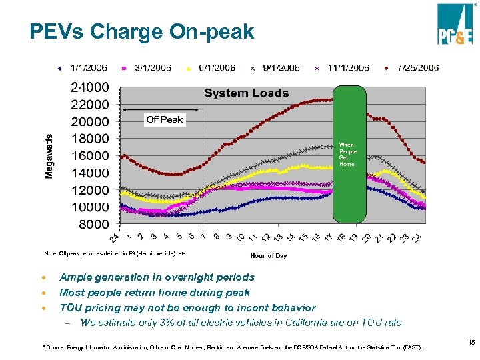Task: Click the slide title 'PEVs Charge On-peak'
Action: (x=141, y=31)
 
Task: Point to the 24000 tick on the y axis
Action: (x=90, y=87)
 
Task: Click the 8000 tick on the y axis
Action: (x=93, y=224)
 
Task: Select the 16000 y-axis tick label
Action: (x=90, y=155)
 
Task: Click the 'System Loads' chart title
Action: (x=246, y=93)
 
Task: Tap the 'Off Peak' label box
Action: (x=165, y=119)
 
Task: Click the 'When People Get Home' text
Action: (x=348, y=154)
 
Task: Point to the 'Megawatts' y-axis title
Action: (x=49, y=154)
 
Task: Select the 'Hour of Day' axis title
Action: (x=268, y=256)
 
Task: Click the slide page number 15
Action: (x=471, y=342)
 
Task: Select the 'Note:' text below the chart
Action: (x=51, y=253)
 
